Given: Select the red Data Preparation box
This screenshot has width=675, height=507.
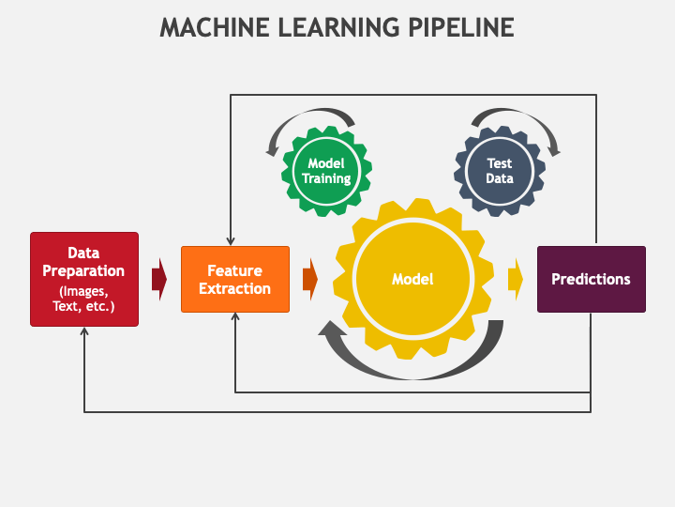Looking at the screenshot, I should pos(84,279).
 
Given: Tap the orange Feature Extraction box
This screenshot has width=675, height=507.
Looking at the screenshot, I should pos(234,279).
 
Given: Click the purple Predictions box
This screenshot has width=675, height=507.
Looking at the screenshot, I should pos(591,279).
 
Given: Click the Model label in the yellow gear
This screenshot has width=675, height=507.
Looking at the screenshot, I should pos(412,279).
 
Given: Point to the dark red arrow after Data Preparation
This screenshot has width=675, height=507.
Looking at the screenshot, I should pos(158,279).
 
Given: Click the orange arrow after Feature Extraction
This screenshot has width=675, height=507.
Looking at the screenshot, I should pos(309,279).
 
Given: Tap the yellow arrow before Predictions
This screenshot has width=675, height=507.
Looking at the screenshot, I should pos(516,279).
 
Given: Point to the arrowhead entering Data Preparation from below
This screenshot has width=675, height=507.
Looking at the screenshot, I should pos(84,332).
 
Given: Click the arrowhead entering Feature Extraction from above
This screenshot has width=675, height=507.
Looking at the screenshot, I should pos(231,241).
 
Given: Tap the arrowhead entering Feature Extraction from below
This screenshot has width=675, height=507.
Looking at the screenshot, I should pos(234,318).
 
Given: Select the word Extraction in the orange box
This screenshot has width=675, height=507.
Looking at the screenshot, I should pos(234,288).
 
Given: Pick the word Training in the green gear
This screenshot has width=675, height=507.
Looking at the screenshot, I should pos(326,178).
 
